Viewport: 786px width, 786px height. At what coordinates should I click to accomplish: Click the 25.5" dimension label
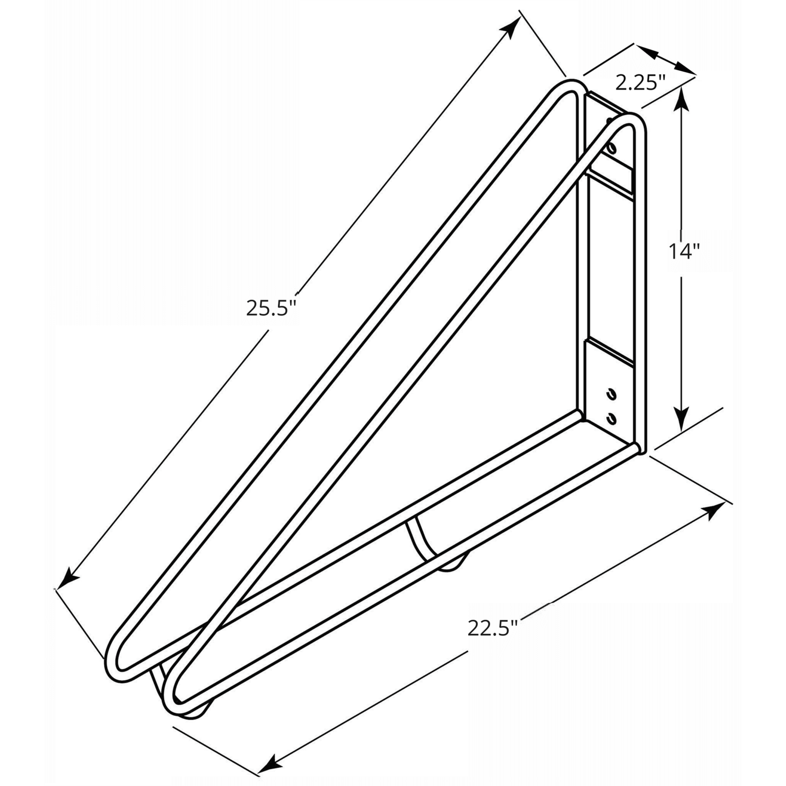[271, 309]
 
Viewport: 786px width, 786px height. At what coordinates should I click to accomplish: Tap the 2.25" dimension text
[639, 82]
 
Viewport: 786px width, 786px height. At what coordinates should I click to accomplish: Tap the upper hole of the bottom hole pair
[610, 394]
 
